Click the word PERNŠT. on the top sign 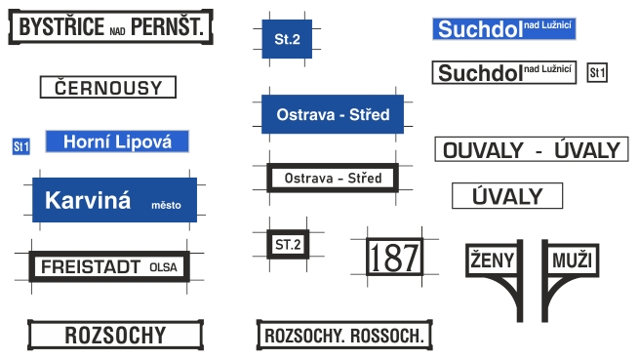[167, 27]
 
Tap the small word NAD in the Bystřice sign [117, 31]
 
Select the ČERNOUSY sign [108, 87]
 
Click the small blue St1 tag [21, 146]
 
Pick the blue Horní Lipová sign [117, 141]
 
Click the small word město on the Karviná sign [166, 205]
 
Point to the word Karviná [88, 200]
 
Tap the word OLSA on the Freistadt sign [163, 267]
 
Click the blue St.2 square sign [287, 39]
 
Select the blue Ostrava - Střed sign [333, 114]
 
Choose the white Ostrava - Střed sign [333, 178]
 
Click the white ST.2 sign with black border [288, 245]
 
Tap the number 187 [394, 258]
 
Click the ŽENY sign [493, 260]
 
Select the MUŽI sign [572, 260]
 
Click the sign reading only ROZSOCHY [115, 335]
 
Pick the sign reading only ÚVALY [507, 196]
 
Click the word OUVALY [483, 150]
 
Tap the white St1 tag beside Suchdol [597, 73]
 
